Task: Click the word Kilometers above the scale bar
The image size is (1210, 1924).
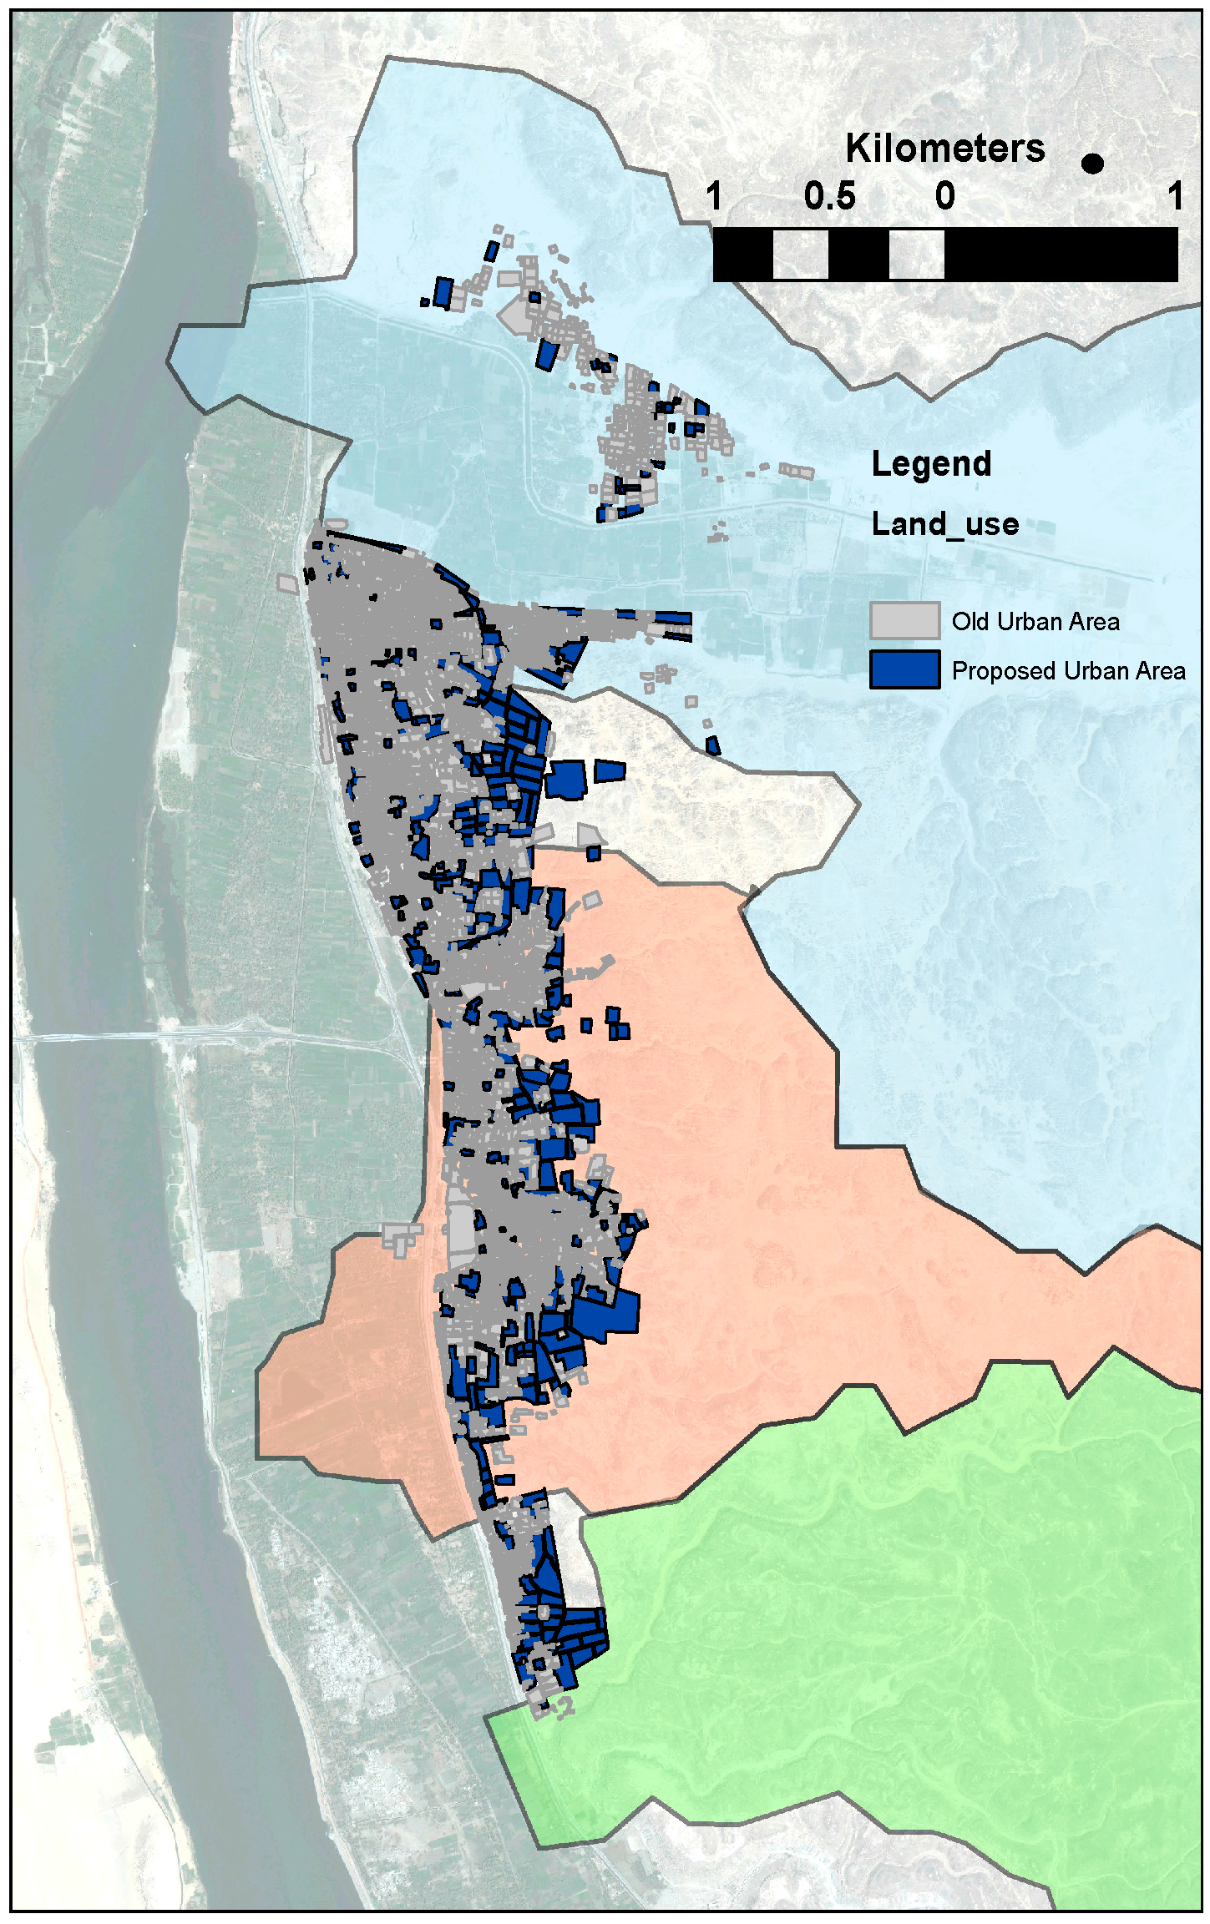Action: point(944,149)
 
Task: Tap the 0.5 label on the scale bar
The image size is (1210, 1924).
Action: point(829,197)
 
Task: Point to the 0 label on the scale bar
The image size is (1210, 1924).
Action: point(944,197)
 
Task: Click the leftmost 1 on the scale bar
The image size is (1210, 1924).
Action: point(714,197)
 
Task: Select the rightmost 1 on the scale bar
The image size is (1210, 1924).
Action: point(1175,197)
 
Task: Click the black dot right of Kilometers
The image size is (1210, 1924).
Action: point(1091,164)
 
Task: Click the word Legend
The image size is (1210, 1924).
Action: point(931,464)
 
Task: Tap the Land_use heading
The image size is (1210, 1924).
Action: point(944,524)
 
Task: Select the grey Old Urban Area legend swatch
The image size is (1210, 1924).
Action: point(904,620)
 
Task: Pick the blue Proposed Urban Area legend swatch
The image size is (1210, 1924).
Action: point(904,669)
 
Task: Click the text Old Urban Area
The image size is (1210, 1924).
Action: point(1035,622)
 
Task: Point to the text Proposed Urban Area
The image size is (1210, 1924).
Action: point(1068,671)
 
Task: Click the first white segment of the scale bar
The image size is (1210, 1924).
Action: point(800,255)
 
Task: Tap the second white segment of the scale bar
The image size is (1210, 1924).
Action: point(916,255)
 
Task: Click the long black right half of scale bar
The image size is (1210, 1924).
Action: point(1061,255)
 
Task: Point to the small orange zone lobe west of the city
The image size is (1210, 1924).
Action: point(342,1369)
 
